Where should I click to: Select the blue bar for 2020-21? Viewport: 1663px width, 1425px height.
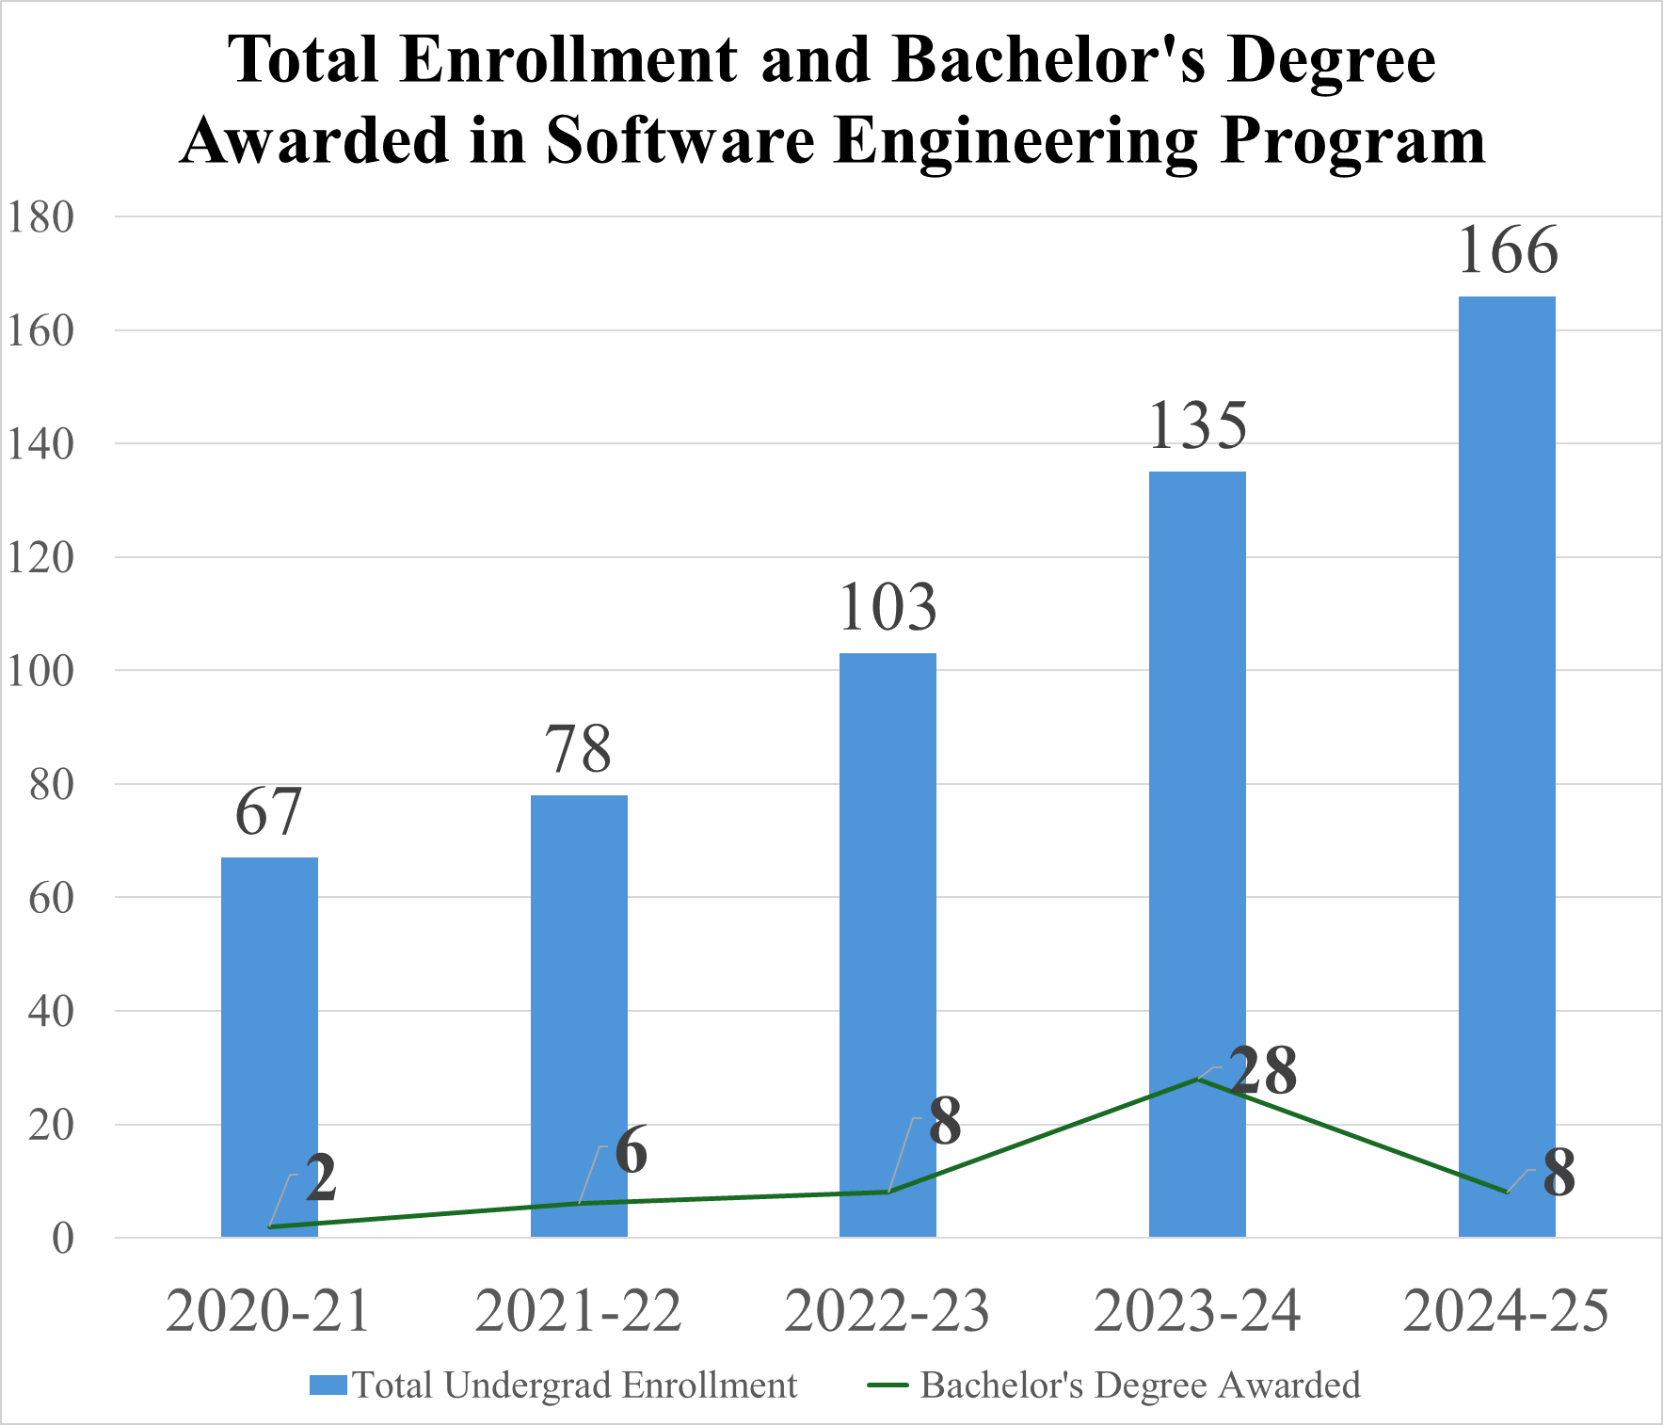269,1035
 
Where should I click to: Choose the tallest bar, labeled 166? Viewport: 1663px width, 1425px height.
1507,753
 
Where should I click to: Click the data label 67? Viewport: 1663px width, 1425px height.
268,811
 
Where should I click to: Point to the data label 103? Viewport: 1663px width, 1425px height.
887,607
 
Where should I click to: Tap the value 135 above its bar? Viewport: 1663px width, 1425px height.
1197,425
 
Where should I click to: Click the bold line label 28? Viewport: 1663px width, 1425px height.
1263,1071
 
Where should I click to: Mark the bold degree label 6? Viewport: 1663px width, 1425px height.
632,1150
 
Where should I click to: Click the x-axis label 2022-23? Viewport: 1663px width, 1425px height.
887,1310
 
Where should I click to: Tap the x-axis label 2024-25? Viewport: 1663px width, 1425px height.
1506,1310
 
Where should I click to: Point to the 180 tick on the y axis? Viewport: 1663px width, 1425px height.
40,217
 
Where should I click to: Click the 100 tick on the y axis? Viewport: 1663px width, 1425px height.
40,671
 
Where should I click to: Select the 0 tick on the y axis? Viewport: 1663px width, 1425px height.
62,1239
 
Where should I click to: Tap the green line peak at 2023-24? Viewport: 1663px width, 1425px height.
1197,1079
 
